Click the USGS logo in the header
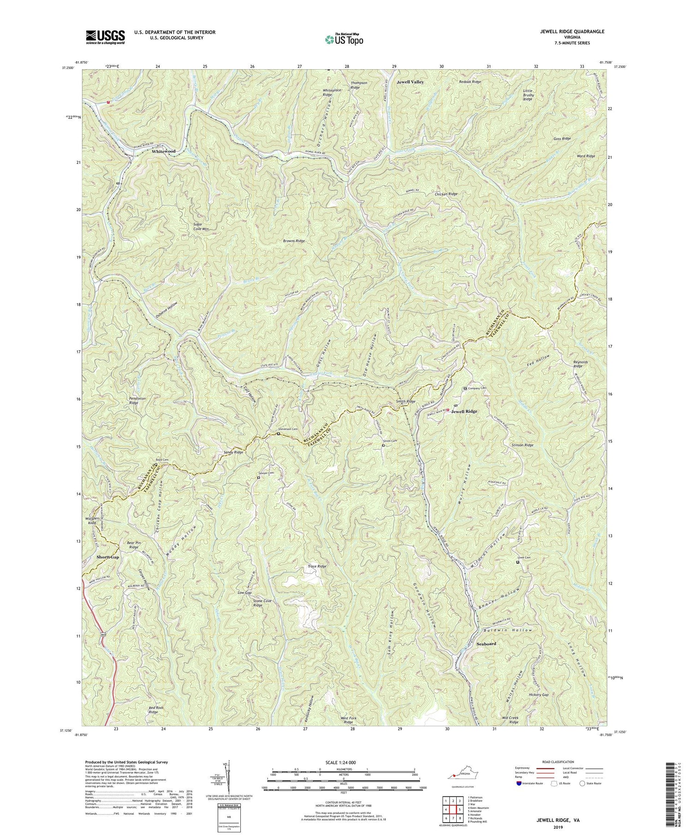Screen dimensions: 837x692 [105, 37]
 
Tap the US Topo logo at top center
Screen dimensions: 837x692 [344, 39]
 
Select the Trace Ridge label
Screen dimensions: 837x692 [317, 566]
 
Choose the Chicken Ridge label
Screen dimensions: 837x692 [446, 194]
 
